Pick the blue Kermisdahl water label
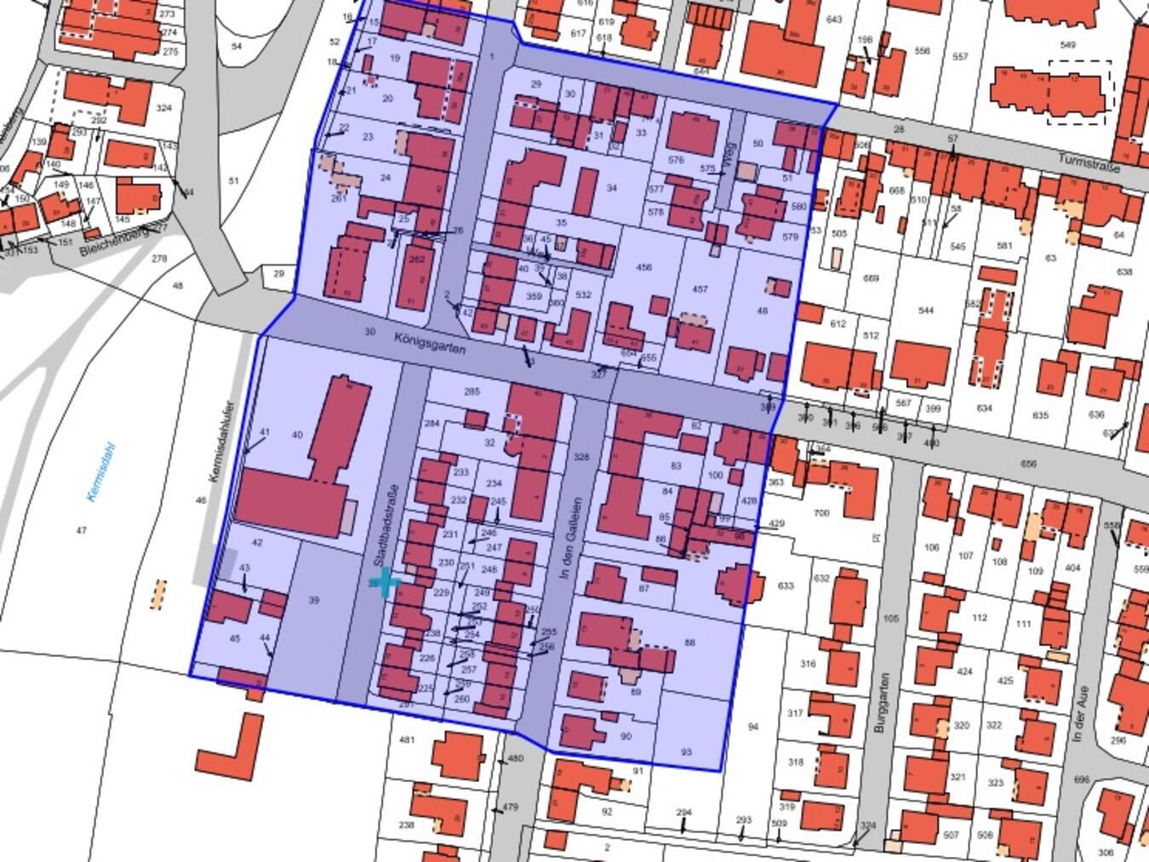101,472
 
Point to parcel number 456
643,267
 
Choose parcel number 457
700,289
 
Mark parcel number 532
583,295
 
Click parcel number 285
472,391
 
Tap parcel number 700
821,513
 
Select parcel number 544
926,311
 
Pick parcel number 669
871,278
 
